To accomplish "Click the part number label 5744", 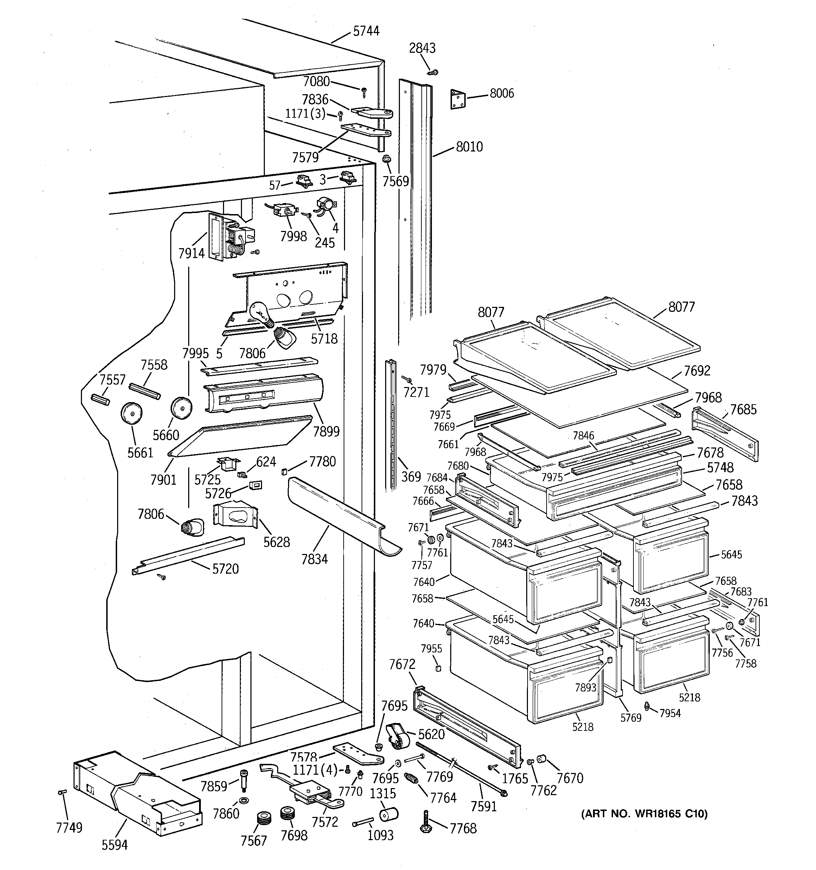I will pos(366,31).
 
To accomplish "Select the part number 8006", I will pos(502,93).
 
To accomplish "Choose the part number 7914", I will pos(191,253).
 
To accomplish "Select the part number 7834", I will pos(314,559).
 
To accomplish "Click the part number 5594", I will pos(115,844).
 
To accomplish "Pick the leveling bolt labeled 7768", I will pos(426,823).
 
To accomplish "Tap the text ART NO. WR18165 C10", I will pos(644,813).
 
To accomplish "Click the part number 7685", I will pos(743,410).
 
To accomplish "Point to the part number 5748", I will pos(720,468).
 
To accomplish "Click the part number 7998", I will pos(293,236).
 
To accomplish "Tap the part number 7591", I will pos(484,806).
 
